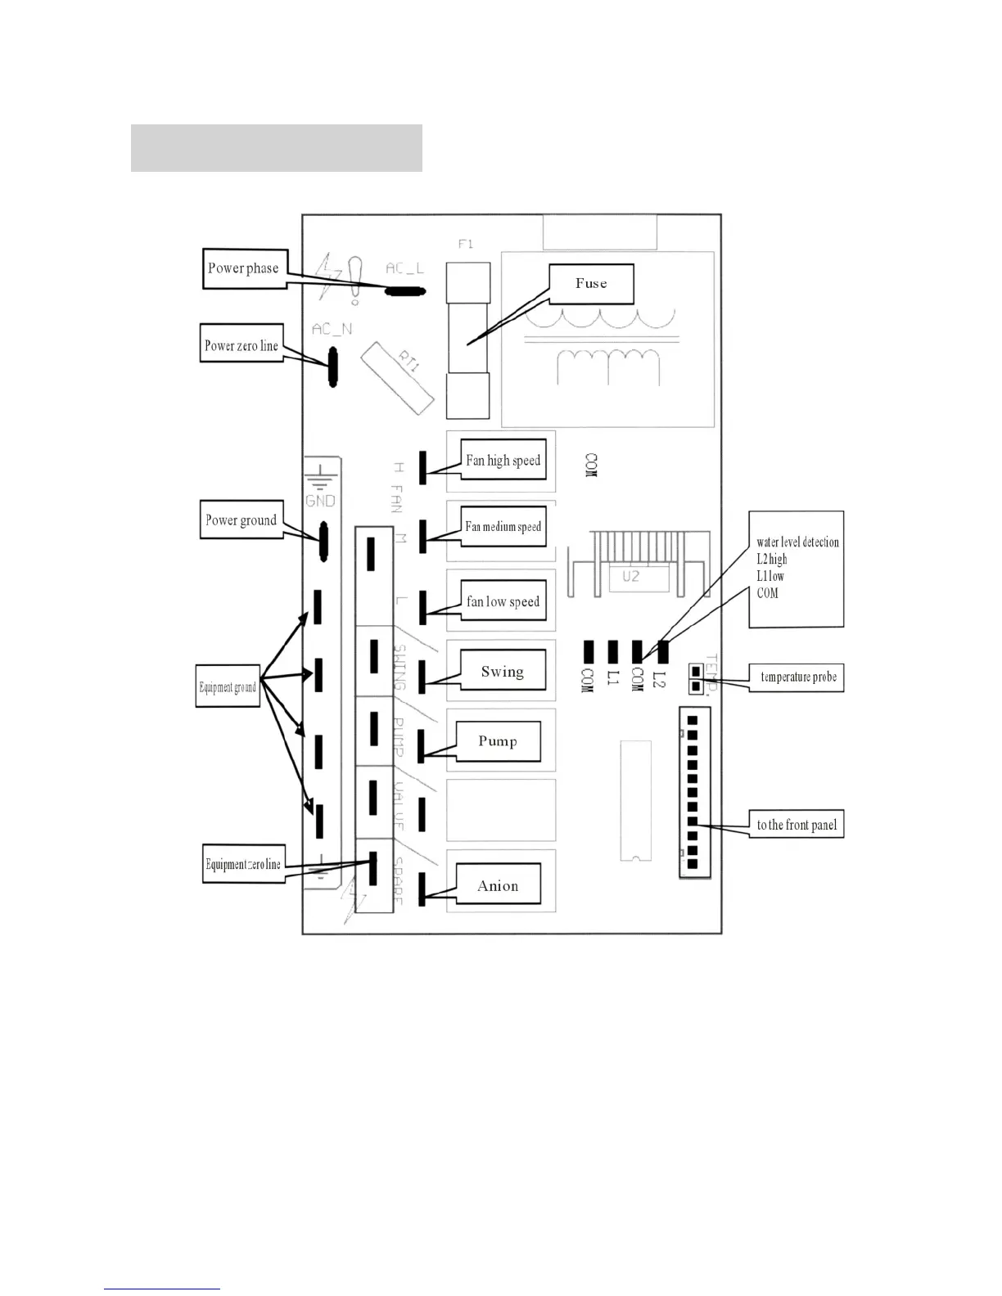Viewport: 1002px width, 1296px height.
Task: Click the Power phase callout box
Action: pyautogui.click(x=243, y=268)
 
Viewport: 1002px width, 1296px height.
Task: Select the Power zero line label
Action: pyautogui.click(x=241, y=345)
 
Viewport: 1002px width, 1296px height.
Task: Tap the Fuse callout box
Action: pyautogui.click(x=591, y=284)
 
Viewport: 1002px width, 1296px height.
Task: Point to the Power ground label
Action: pyautogui.click(x=241, y=520)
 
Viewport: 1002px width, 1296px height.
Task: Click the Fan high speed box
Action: pyautogui.click(x=503, y=461)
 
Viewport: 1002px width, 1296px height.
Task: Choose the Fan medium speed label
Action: pyautogui.click(x=503, y=527)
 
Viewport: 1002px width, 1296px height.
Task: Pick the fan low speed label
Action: pyautogui.click(x=503, y=602)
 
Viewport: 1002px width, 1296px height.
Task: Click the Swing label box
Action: pyautogui.click(x=502, y=672)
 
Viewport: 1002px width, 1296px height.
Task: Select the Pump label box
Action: pyautogui.click(x=498, y=741)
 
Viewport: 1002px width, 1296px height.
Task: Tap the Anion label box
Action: pyautogui.click(x=498, y=885)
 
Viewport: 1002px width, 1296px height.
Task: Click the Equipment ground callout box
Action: pyautogui.click(x=228, y=687)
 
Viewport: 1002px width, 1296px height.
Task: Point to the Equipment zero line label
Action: pyautogui.click(x=243, y=864)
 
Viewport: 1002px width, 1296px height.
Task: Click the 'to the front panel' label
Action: pyautogui.click(x=797, y=825)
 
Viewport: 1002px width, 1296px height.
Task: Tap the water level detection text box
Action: pyautogui.click(x=797, y=569)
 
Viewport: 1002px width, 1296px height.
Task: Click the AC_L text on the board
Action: pyautogui.click(x=405, y=268)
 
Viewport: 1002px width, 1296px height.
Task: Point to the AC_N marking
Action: pyautogui.click(x=332, y=329)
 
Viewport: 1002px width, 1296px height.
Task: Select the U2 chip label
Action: pyautogui.click(x=630, y=576)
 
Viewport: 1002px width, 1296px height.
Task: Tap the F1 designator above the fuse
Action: pyautogui.click(x=466, y=244)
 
